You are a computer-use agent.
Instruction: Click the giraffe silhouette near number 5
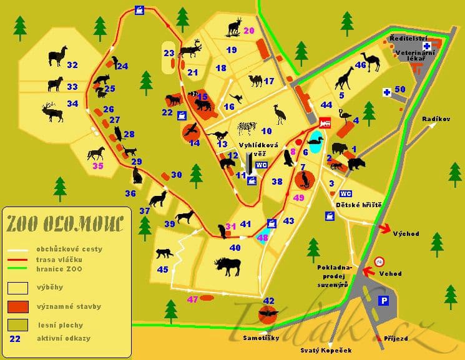pos(345,78)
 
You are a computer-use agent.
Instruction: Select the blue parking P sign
pos(384,301)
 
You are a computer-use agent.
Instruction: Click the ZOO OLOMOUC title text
pos(65,223)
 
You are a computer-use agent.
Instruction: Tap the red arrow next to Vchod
pos(369,270)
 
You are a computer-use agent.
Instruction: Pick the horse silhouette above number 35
pos(95,153)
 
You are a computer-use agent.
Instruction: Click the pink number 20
pos(249,31)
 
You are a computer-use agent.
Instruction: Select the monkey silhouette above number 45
pos(164,253)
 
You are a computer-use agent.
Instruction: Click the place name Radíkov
pos(436,119)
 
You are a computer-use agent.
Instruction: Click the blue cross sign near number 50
pos(387,92)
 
